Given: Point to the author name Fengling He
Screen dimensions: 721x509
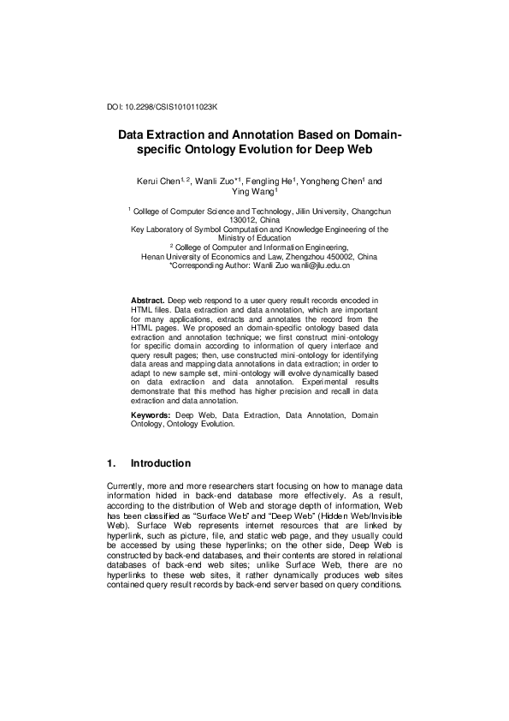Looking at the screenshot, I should (271, 182).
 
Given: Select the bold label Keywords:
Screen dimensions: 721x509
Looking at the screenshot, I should (152, 414).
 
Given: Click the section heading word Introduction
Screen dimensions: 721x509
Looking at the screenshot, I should (161, 464).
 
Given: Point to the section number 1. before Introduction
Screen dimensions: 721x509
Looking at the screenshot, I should (111, 464).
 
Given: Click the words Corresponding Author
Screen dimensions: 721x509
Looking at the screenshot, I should (211, 265).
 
